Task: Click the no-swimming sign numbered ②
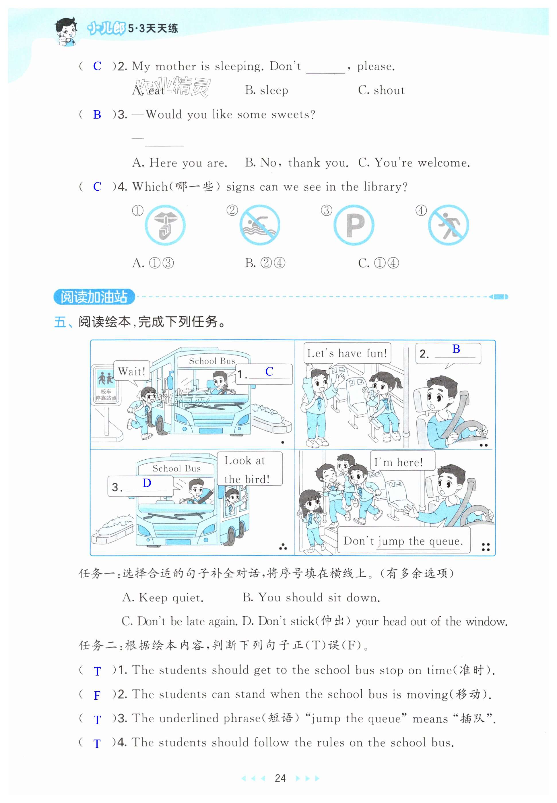click(x=259, y=225)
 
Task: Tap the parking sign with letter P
click(x=354, y=225)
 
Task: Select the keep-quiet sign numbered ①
click(x=165, y=225)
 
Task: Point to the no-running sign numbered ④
click(x=449, y=225)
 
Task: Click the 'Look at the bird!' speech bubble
click(x=250, y=469)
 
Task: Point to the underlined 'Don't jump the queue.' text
click(x=403, y=541)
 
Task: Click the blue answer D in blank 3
click(x=147, y=483)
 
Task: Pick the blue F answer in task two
click(x=97, y=695)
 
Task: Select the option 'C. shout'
click(x=381, y=90)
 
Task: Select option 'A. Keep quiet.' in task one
click(x=163, y=598)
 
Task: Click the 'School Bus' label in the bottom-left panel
click(x=176, y=469)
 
